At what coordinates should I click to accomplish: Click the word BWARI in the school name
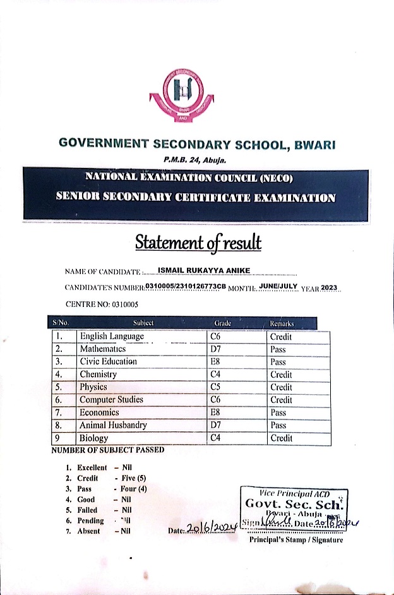[313, 144]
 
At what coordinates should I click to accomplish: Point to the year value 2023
[330, 287]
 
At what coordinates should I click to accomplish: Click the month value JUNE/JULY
[277, 287]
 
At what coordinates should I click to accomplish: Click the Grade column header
[223, 323]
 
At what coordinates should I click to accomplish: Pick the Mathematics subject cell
[103, 349]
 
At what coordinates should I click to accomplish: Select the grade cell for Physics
[216, 387]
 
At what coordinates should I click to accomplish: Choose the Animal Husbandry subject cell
[113, 425]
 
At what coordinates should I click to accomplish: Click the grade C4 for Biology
[216, 438]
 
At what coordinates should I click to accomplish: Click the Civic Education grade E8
[216, 362]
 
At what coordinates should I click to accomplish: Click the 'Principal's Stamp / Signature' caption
[296, 540]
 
